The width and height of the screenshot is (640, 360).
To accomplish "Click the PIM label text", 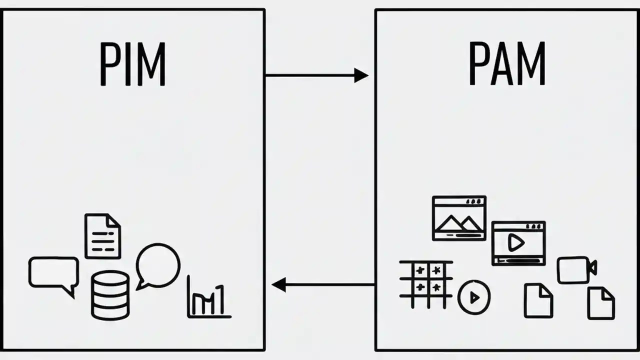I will coord(132,64).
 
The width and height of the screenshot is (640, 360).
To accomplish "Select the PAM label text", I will coord(507,64).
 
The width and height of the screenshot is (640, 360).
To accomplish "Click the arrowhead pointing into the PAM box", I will coord(361,75).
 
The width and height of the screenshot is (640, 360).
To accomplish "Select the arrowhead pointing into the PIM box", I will coord(278,285).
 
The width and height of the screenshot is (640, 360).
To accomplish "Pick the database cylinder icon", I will coord(110,295).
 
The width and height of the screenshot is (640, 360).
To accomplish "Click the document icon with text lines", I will coord(102,236).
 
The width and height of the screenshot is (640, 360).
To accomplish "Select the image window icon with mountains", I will coord(459,218).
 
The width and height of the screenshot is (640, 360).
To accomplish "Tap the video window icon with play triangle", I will coord(518,243).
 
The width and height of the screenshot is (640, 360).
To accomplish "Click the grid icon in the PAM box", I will coord(426,284).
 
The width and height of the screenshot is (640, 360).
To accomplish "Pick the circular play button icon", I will coord(474,297).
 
